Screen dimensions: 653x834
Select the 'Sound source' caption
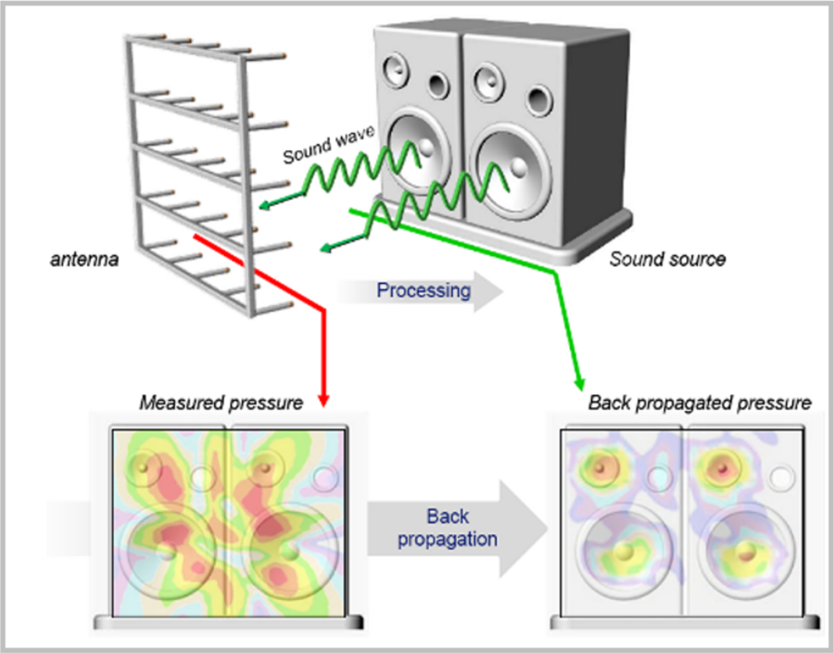point(667,259)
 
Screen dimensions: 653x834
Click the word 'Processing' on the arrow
point(423,291)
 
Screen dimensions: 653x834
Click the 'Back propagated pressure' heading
point(700,403)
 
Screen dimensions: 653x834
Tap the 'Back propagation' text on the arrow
point(447,527)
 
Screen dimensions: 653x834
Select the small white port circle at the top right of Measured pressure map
point(323,479)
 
